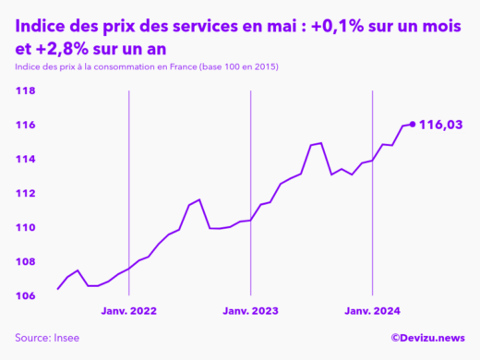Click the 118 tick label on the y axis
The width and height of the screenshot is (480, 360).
pos(25,91)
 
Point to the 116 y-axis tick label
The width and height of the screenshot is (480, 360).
pos(25,126)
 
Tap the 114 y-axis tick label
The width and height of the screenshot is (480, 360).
pos(25,160)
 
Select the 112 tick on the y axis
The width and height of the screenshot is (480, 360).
pos(25,194)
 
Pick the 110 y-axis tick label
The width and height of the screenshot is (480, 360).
pos(25,228)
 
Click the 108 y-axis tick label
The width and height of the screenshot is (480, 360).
pos(25,262)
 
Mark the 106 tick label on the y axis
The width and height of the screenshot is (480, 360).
pos(25,296)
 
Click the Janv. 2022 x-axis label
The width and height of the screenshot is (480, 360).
pos(128,312)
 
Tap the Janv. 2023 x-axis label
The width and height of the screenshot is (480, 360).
pos(250,312)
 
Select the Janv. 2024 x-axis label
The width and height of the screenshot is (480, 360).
pos(371,312)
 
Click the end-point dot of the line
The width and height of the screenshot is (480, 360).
pos(412,125)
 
